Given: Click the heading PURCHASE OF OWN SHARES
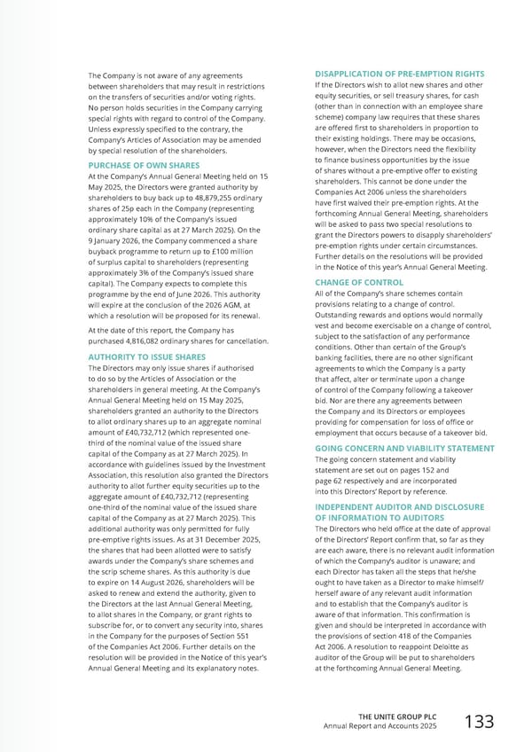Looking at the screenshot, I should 145,165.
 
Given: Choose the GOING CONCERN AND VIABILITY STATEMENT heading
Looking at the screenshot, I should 404,449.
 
